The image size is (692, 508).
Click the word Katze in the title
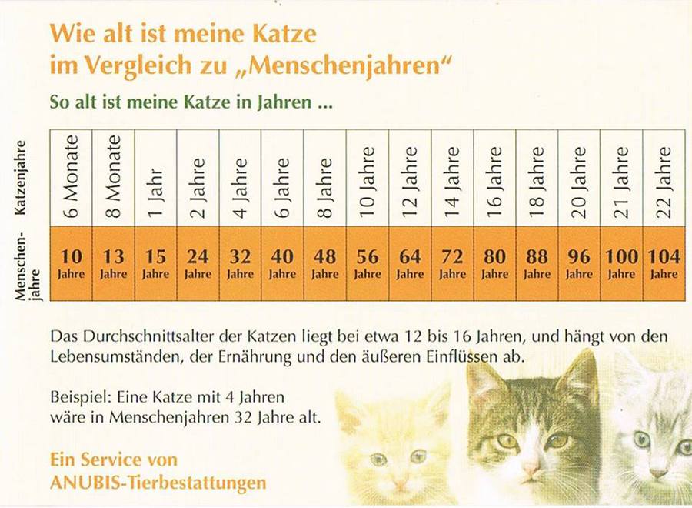point(281,35)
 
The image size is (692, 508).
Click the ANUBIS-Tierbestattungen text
point(158,483)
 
